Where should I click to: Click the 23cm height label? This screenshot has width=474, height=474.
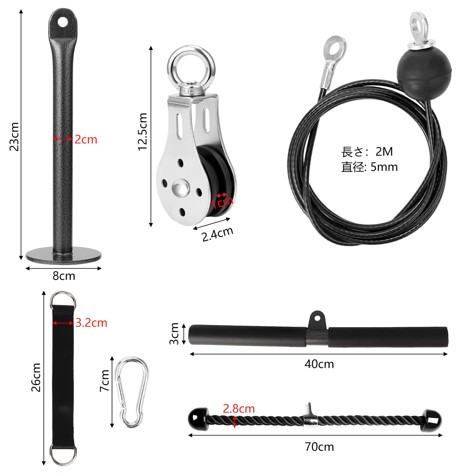click(14, 137)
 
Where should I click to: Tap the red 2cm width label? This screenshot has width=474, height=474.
click(86, 139)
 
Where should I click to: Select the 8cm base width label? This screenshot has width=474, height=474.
click(64, 276)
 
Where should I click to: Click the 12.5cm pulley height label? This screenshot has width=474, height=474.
click(143, 131)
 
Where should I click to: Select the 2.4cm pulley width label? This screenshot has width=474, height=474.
click(217, 234)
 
